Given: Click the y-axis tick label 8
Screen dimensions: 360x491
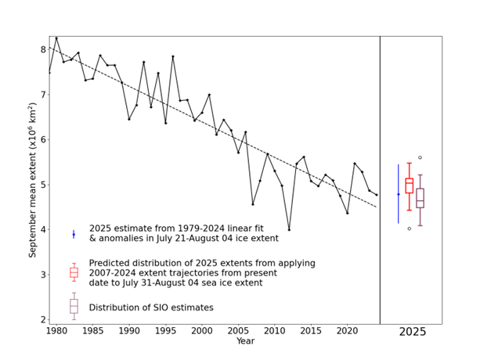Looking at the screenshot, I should coord(42,49).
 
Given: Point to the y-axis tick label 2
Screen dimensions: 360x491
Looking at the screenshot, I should coord(42,320).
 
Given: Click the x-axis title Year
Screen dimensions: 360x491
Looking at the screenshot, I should coord(245,341).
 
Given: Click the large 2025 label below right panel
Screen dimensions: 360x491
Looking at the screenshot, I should coord(413,332).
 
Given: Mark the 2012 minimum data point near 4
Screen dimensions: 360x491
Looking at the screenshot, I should coord(289,230).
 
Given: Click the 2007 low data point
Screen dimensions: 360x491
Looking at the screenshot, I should coord(253,204).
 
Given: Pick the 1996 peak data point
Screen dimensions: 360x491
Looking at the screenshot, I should coord(172,56).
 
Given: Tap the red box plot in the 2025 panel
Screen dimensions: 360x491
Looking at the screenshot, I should coord(409,185).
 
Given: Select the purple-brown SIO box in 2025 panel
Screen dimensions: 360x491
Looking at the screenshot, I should coord(420,197).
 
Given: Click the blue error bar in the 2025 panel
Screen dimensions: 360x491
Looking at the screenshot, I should coord(399,193).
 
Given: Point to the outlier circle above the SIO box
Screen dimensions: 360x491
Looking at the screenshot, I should coord(420,157).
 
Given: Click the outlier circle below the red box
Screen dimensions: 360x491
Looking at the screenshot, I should coord(409,229).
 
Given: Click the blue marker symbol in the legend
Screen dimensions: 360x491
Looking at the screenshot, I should coord(74,234).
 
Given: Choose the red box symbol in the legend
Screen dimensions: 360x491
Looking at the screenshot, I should coord(74,272).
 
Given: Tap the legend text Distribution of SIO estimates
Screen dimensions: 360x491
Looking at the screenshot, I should coord(151,308).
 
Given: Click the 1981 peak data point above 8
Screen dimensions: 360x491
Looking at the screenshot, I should coord(56,38).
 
